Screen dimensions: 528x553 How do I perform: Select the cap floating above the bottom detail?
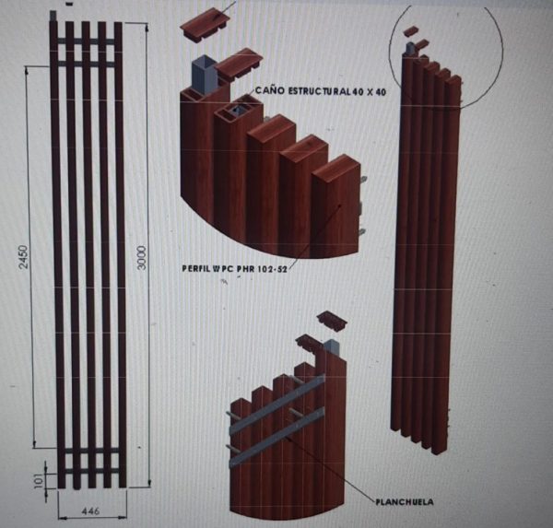pos(330,321)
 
